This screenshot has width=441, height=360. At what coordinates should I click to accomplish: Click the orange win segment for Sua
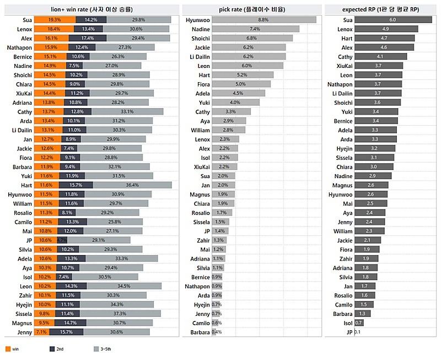[55, 19]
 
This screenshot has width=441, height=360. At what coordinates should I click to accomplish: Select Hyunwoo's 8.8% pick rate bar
[263, 19]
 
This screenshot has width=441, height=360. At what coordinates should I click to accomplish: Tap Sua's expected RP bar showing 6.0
[392, 19]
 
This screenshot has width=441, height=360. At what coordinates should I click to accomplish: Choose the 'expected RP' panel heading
[381, 9]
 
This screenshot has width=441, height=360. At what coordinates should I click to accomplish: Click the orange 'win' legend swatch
[8, 348]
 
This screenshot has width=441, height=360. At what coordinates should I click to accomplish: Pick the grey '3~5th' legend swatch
[96, 348]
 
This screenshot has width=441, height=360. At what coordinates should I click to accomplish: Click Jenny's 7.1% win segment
[42, 332]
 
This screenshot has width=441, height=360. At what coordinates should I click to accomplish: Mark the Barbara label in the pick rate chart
[200, 332]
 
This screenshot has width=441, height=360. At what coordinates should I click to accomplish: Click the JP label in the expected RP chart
[349, 332]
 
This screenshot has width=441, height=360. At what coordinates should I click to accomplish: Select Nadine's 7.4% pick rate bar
[255, 29]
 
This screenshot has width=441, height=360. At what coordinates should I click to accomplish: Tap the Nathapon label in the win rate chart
[18, 47]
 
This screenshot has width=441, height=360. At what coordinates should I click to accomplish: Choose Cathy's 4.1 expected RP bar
[380, 57]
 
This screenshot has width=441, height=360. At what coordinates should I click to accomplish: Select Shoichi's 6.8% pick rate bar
[252, 38]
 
